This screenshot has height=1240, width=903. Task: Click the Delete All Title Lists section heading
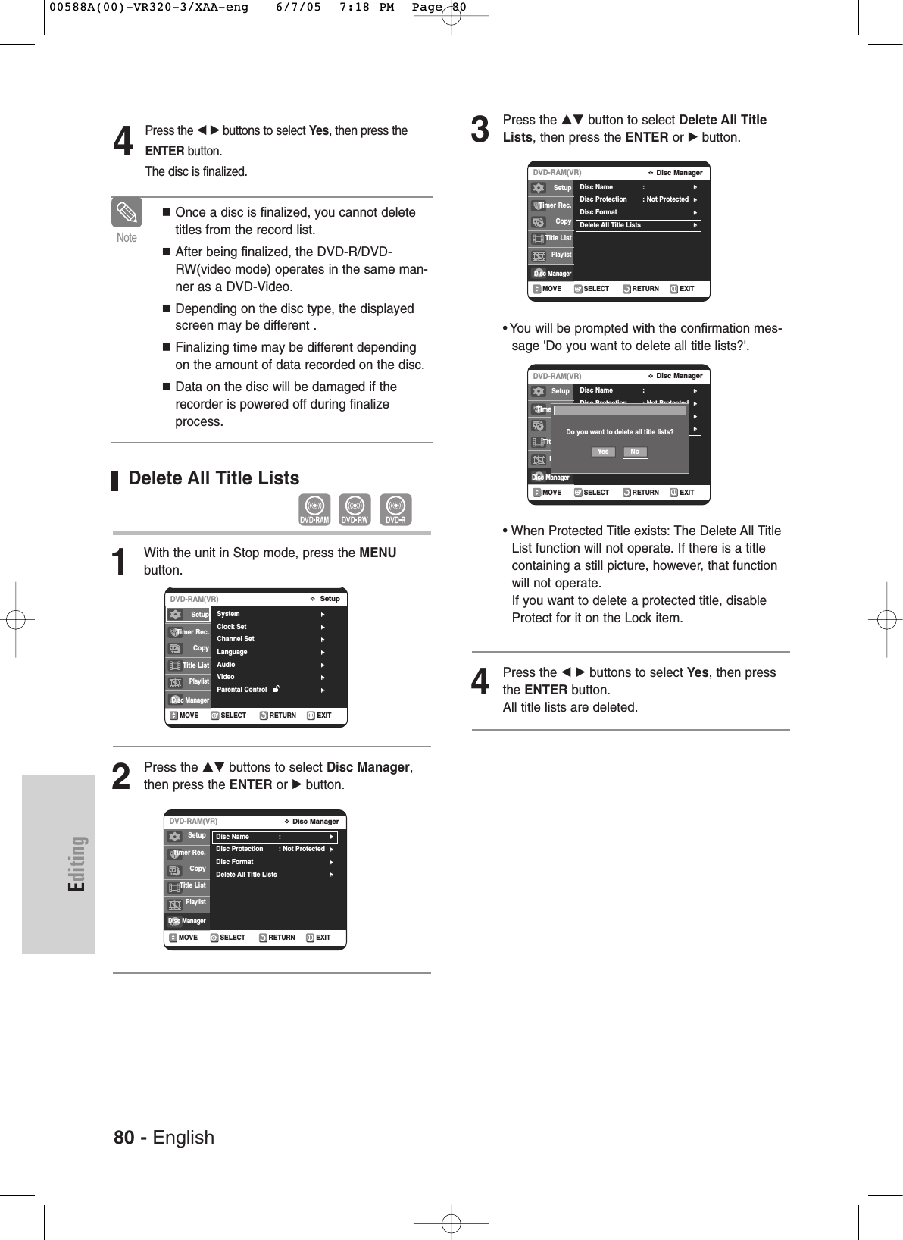click(214, 478)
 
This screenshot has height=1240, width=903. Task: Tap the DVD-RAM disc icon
click(314, 509)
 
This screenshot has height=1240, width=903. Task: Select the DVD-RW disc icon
click(355, 509)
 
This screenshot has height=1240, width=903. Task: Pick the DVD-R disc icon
click(395, 509)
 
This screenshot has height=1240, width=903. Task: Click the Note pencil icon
click(127, 212)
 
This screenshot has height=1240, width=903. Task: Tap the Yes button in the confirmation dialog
click(603, 452)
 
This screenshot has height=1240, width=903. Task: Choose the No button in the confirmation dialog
click(635, 452)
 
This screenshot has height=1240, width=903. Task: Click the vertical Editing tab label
click(78, 863)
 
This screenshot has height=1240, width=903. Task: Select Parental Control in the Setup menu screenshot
click(242, 690)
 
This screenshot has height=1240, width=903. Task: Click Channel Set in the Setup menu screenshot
click(236, 639)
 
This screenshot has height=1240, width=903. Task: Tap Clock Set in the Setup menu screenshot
click(232, 627)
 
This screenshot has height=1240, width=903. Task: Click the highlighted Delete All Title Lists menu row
click(638, 225)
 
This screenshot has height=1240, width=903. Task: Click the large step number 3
click(480, 130)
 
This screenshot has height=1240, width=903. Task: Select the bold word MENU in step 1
click(377, 553)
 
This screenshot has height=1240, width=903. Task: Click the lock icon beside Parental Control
click(277, 689)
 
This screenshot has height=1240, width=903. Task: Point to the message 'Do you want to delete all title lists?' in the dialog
click(620, 432)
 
